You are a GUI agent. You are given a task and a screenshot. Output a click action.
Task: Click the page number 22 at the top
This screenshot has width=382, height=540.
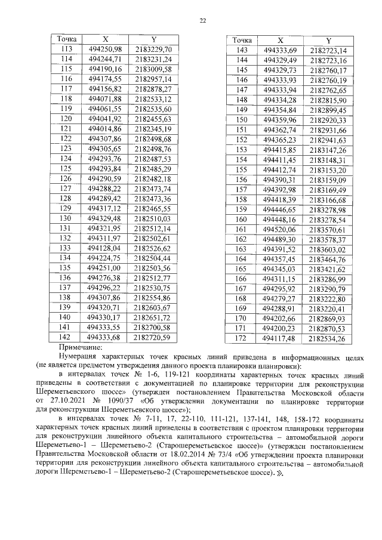point(202,20)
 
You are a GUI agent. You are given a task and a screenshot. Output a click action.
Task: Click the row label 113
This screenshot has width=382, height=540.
point(67,49)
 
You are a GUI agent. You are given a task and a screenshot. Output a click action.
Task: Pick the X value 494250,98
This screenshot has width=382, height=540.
point(104,49)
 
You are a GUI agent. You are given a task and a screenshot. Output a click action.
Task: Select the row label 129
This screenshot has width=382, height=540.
point(67,209)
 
